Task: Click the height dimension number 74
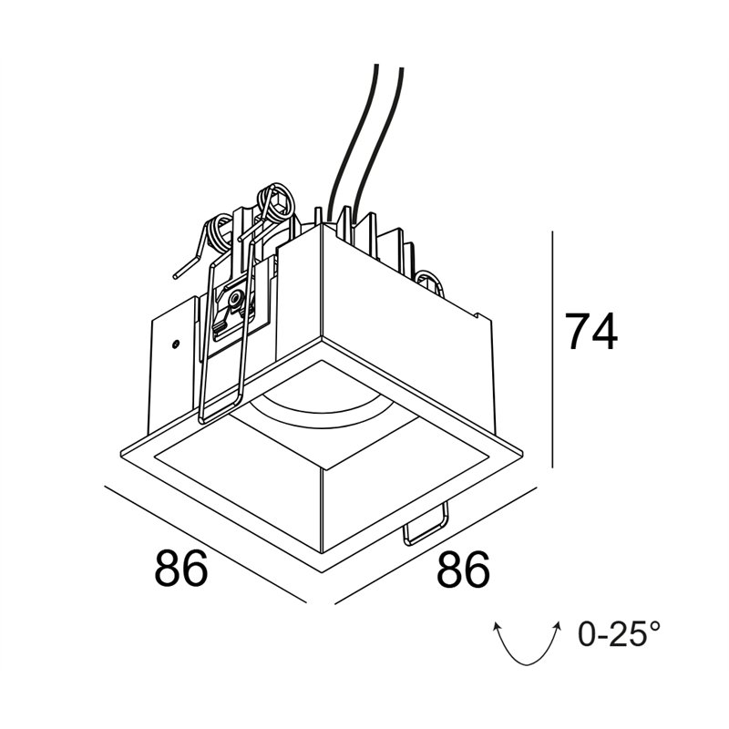pos(590,331)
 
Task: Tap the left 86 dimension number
pos(180,568)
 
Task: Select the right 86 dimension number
pos(463,569)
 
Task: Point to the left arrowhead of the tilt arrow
pos(497,627)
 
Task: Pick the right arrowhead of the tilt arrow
pos(557,625)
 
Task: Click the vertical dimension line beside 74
pos(552,349)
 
